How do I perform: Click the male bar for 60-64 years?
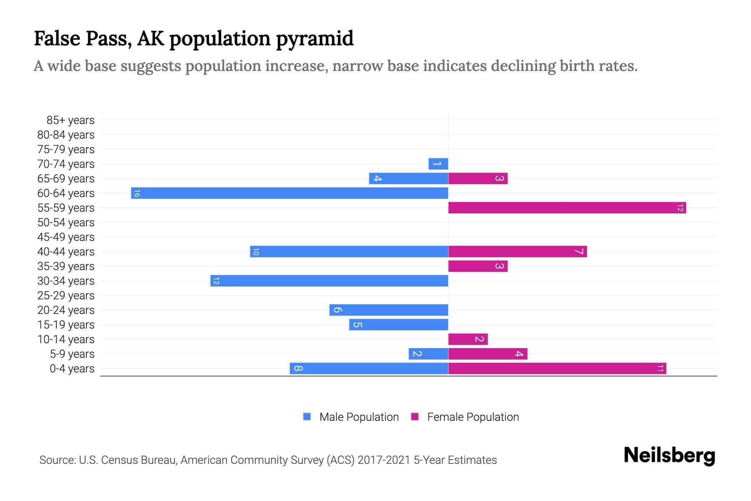pyautogui.click(x=290, y=193)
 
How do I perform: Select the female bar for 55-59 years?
pyautogui.click(x=567, y=208)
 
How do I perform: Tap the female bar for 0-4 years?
pyautogui.click(x=557, y=369)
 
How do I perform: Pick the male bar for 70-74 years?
pyautogui.click(x=438, y=164)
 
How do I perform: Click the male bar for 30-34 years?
pyautogui.click(x=329, y=281)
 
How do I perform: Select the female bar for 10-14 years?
pyautogui.click(x=468, y=339)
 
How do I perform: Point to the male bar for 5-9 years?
pyautogui.click(x=428, y=354)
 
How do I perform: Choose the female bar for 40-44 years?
pyautogui.click(x=517, y=252)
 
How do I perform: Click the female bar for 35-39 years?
pyautogui.click(x=478, y=266)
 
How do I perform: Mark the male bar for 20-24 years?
pyautogui.click(x=388, y=310)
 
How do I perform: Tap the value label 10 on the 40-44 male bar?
pyautogui.click(x=256, y=252)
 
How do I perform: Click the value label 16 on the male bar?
pyautogui.click(x=137, y=193)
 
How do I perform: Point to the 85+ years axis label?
pyautogui.click(x=70, y=120)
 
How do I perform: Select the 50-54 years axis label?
pyautogui.click(x=66, y=223)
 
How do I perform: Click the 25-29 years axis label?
pyautogui.click(x=66, y=296)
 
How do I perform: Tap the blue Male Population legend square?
pyautogui.click(x=307, y=417)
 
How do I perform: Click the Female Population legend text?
pyautogui.click(x=473, y=417)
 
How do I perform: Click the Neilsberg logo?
pyautogui.click(x=669, y=455)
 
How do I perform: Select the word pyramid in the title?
pyautogui.click(x=315, y=39)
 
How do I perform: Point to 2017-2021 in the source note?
pyautogui.click(x=384, y=460)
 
